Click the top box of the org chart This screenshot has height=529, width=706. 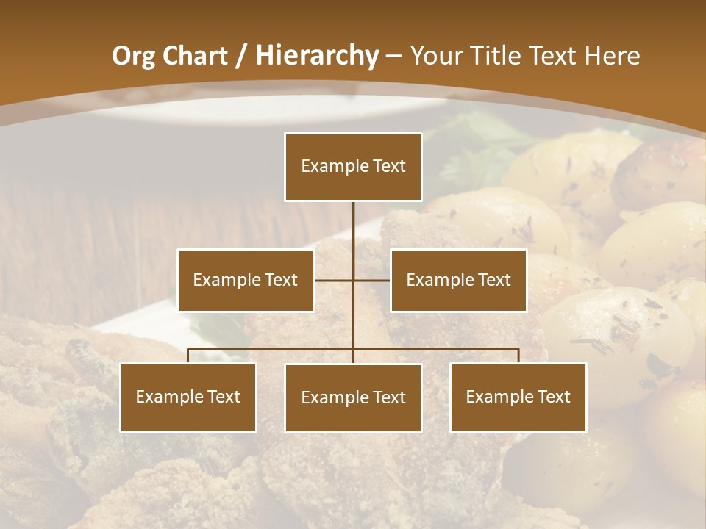(353, 167)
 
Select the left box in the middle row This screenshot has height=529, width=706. (246, 280)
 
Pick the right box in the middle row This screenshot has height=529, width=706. (458, 280)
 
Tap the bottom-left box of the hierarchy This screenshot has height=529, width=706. (188, 397)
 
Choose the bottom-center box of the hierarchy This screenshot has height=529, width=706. (353, 397)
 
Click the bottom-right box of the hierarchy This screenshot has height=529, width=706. (518, 397)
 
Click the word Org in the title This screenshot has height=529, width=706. (133, 56)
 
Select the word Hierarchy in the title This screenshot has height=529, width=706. (316, 56)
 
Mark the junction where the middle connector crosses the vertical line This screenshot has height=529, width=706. (353, 280)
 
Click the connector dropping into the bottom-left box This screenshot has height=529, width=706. (188, 356)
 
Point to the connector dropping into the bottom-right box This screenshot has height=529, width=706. (518, 356)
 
